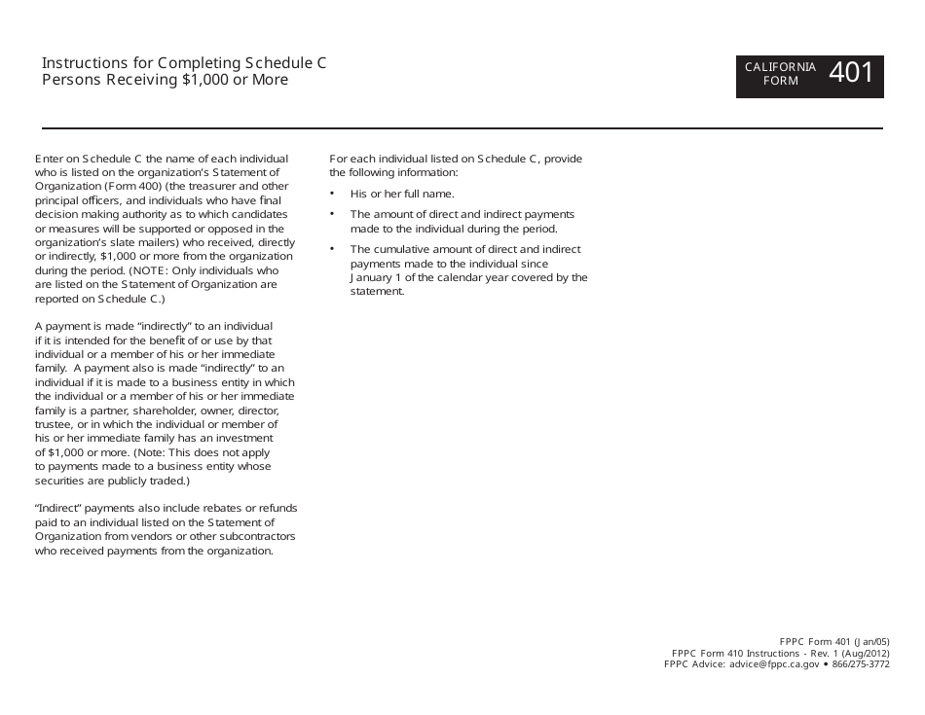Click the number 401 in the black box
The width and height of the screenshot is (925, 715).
[x=852, y=72]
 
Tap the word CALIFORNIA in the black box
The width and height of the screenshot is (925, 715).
[x=780, y=67]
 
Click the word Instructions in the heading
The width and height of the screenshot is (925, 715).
[x=82, y=63]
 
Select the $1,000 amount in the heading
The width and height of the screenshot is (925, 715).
[x=202, y=80]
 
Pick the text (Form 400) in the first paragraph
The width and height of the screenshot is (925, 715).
[x=121, y=186]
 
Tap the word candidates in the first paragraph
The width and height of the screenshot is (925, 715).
[x=259, y=214]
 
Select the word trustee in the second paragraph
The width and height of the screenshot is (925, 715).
[x=53, y=424]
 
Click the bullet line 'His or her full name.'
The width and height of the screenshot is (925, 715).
[x=402, y=194]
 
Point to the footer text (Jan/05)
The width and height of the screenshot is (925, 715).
[x=872, y=642]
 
